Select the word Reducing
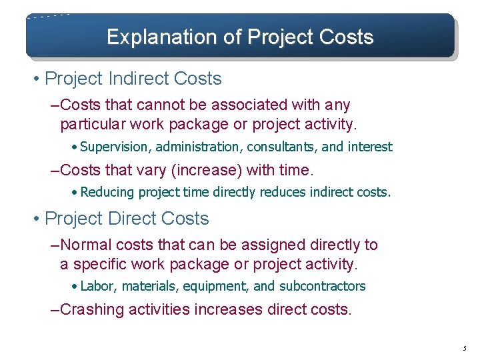pyautogui.click(x=107, y=193)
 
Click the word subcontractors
pyautogui.click(x=322, y=287)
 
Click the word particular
pyautogui.click(x=92, y=125)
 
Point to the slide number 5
pyautogui.click(x=465, y=348)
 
